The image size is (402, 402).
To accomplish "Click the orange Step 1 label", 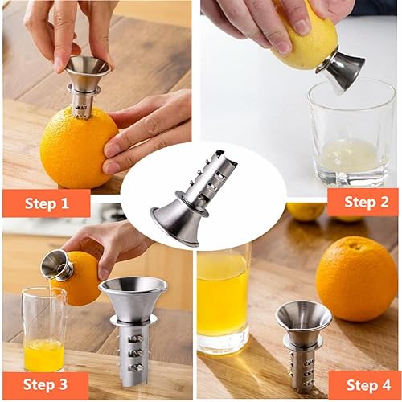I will point(47,203).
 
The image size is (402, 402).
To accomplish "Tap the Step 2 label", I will point(362,202).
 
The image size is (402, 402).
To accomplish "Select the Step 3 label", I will point(46,384).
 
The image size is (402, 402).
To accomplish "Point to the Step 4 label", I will point(363,384).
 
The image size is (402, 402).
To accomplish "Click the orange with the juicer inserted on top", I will point(76,149).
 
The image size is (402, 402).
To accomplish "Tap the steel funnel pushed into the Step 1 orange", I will point(85,80).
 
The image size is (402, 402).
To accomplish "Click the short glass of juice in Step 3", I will point(43,330).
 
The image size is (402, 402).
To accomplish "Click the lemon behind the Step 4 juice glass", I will point(306,211).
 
